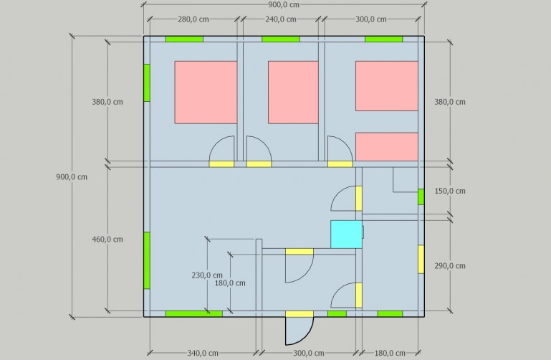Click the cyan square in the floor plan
coord(346,235)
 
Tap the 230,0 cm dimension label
coord(207,275)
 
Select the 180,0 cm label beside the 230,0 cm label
coord(230,283)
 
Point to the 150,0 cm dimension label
coord(450,191)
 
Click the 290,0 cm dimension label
coord(450,266)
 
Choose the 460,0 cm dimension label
coord(107,240)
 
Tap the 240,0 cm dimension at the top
coord(280,19)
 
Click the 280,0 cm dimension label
coord(193,19)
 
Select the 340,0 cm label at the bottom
coord(203,353)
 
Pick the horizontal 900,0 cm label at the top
coord(284,4)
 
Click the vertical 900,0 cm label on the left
coord(72,177)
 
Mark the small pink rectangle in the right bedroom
coord(387,146)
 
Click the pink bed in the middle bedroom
coord(294,93)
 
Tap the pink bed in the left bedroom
coord(206,93)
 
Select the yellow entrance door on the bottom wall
coord(300,314)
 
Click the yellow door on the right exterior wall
coord(421,259)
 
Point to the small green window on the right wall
coord(421,197)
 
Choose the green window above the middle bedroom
coord(281,39)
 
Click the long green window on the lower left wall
coord(147,260)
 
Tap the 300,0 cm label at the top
coord(371,19)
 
